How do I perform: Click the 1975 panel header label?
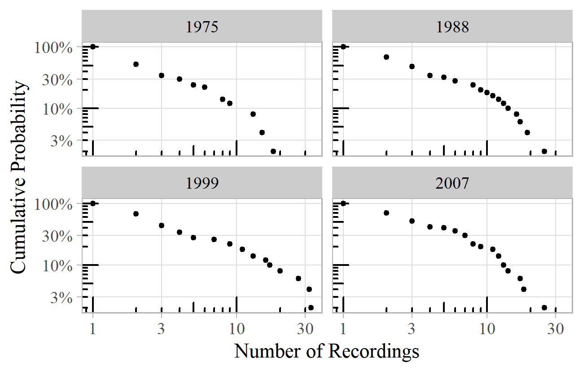point(202,27)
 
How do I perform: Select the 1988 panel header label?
point(452,27)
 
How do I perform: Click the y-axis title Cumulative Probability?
point(19,177)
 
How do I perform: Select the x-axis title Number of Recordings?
point(327,351)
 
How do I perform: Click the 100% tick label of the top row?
point(53,47)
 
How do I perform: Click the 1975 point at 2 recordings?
point(136,64)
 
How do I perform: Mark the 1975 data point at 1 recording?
point(93,46)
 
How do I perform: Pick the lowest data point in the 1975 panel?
point(273,151)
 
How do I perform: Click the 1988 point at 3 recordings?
point(412,66)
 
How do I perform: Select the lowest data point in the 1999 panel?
point(311,308)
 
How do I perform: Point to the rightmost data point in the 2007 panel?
point(544,308)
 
